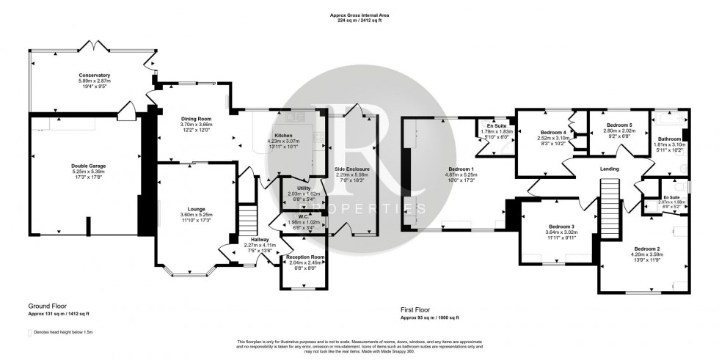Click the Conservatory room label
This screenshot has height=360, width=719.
tap(95, 75)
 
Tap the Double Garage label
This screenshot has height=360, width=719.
tap(89, 166)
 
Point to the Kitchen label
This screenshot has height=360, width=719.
tap(284, 136)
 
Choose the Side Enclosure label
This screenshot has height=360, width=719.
tap(352, 169)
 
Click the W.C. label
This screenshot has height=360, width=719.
tap(293, 217)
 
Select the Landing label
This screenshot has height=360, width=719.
tap(610, 169)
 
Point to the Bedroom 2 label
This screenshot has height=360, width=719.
tap(647, 249)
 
